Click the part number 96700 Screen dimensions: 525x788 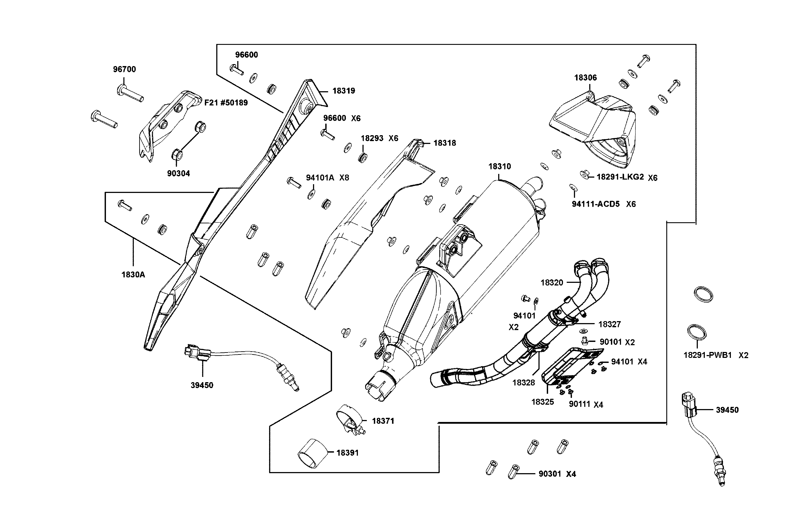124,69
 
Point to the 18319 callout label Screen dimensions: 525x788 343,91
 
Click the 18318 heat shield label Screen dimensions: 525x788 445,143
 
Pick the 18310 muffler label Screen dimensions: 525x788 499,166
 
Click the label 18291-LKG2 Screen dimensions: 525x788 620,177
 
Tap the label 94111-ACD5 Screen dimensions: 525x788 596,204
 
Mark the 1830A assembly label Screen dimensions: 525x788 133,275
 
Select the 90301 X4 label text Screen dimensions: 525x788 557,474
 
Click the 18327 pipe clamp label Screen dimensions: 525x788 609,324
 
